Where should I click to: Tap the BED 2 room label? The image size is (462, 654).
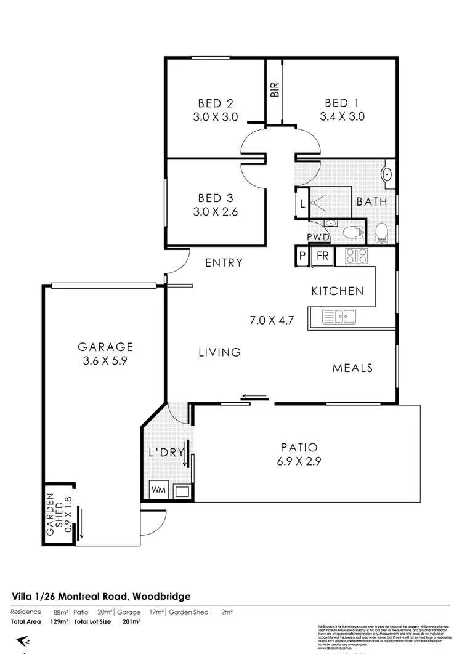click(215, 103)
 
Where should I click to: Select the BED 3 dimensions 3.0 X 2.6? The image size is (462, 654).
click(215, 212)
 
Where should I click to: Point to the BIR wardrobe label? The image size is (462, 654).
click(275, 90)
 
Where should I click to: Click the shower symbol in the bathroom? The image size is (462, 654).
click(320, 201)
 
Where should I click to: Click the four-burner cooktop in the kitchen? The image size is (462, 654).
click(355, 256)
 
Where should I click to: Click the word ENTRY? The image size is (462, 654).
click(224, 263)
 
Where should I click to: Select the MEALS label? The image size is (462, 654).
click(352, 368)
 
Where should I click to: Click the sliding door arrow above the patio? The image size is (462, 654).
click(254, 397)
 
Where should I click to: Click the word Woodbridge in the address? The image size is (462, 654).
click(160, 596)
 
